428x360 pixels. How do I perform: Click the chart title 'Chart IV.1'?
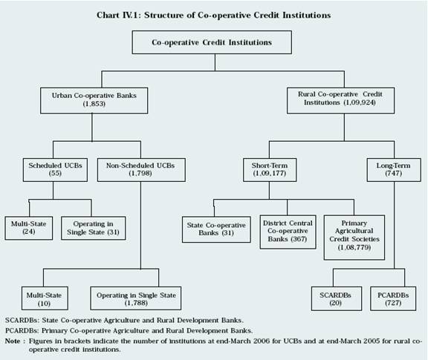(118, 15)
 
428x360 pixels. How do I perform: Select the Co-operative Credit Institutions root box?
(212, 42)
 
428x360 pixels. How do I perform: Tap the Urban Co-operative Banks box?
(94, 100)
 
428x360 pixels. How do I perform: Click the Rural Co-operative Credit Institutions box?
(340, 100)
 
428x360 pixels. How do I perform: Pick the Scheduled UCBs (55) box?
(55, 170)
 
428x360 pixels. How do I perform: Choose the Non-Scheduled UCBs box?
(141, 170)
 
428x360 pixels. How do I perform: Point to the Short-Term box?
(270, 170)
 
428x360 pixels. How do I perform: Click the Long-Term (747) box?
(394, 170)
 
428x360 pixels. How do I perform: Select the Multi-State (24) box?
(29, 228)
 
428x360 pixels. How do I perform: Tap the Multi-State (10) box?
(45, 298)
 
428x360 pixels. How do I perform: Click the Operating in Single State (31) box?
(94, 228)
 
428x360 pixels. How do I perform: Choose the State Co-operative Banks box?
(216, 229)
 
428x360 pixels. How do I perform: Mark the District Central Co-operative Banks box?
(288, 232)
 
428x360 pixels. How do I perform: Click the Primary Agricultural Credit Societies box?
(354, 238)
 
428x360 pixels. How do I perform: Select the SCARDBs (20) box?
(337, 298)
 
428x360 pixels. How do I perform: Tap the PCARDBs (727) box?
(393, 298)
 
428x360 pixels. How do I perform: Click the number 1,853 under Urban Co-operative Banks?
(94, 104)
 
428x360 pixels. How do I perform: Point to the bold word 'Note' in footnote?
(13, 341)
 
